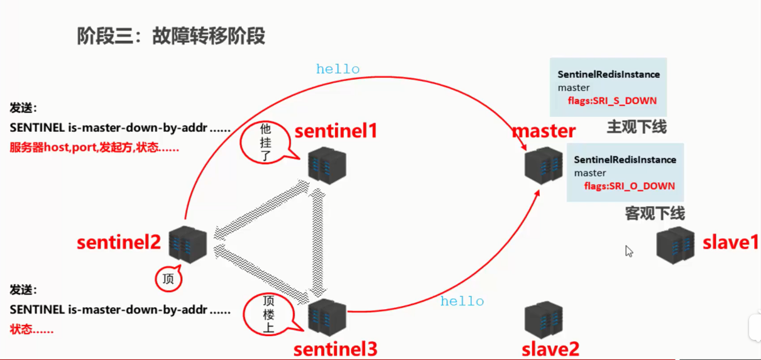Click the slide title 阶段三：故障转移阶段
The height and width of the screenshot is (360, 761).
(x=171, y=36)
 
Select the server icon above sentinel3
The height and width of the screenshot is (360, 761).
(x=327, y=317)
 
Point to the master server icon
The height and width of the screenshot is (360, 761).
(x=544, y=165)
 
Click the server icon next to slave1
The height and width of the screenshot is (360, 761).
(x=676, y=245)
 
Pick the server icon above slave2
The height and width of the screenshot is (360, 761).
(x=544, y=319)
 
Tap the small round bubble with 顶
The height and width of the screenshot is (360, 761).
(x=168, y=279)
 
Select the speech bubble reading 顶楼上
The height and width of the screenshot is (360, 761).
(x=268, y=315)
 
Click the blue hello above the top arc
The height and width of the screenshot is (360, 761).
(x=338, y=69)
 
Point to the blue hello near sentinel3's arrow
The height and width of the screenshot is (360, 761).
(x=463, y=302)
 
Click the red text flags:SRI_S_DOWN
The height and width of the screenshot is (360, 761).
(x=612, y=101)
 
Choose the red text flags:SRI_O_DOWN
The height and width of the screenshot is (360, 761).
(x=629, y=186)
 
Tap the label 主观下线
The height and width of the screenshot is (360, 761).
(x=636, y=128)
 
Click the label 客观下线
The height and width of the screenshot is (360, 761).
(x=654, y=214)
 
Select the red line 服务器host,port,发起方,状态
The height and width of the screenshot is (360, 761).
(x=94, y=148)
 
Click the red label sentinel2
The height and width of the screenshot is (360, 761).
(x=119, y=243)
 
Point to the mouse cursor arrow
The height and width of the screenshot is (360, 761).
(x=628, y=251)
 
